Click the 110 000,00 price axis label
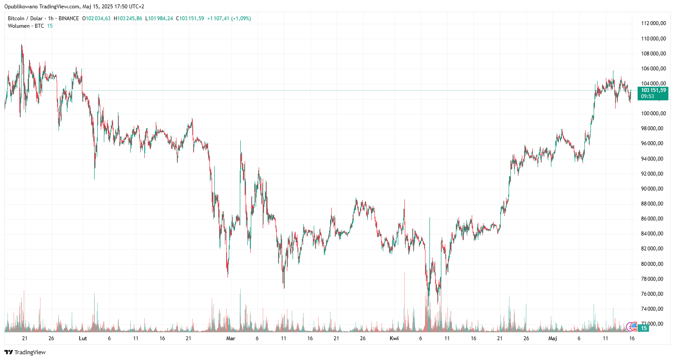(x=653, y=39)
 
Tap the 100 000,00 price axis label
(x=653, y=114)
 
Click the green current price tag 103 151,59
(x=653, y=90)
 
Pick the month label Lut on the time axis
(x=83, y=338)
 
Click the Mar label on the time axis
(x=231, y=338)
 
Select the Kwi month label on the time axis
(x=394, y=338)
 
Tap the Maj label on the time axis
(x=553, y=338)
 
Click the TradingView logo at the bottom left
(x=25, y=352)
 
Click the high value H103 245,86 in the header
(x=128, y=18)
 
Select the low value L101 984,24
(x=159, y=18)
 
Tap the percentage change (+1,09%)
(x=241, y=18)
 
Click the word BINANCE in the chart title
(x=69, y=18)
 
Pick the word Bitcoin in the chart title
(x=16, y=18)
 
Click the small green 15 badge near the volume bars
(x=644, y=328)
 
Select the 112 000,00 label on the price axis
(x=653, y=23)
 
